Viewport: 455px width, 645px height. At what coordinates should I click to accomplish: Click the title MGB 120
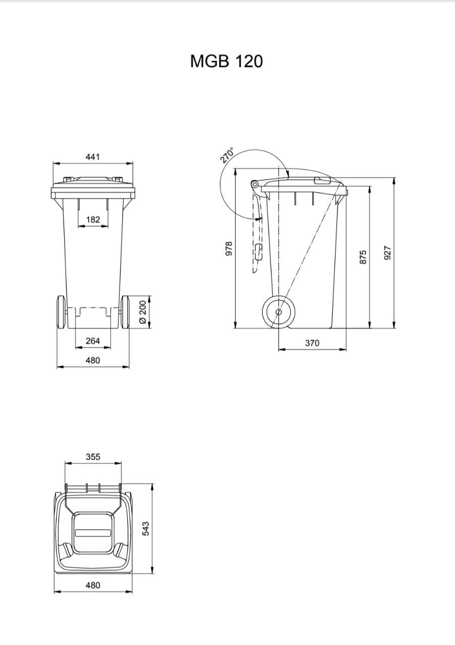click(x=226, y=61)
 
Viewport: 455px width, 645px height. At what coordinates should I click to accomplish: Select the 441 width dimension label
click(x=93, y=157)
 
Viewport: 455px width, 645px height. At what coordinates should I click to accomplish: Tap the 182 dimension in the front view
click(x=93, y=220)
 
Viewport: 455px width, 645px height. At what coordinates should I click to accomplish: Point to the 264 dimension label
click(x=93, y=341)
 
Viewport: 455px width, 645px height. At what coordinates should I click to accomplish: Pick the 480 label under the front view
click(x=93, y=360)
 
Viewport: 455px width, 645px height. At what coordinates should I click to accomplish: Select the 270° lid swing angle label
click(x=227, y=155)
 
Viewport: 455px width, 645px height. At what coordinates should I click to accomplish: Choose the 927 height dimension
click(x=387, y=253)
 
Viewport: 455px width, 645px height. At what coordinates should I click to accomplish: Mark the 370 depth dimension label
click(x=312, y=343)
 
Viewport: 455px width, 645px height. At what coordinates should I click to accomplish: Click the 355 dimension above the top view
click(x=93, y=457)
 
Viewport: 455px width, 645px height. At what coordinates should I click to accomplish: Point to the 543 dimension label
click(x=146, y=529)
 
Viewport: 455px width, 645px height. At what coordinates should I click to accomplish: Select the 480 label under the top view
click(x=93, y=586)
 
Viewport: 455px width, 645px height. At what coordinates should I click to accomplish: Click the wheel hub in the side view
click(x=278, y=312)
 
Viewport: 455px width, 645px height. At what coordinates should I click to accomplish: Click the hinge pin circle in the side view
click(x=255, y=184)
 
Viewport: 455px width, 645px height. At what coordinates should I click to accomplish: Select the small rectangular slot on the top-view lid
click(x=93, y=533)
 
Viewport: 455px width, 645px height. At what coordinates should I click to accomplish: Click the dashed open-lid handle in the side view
click(x=258, y=251)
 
